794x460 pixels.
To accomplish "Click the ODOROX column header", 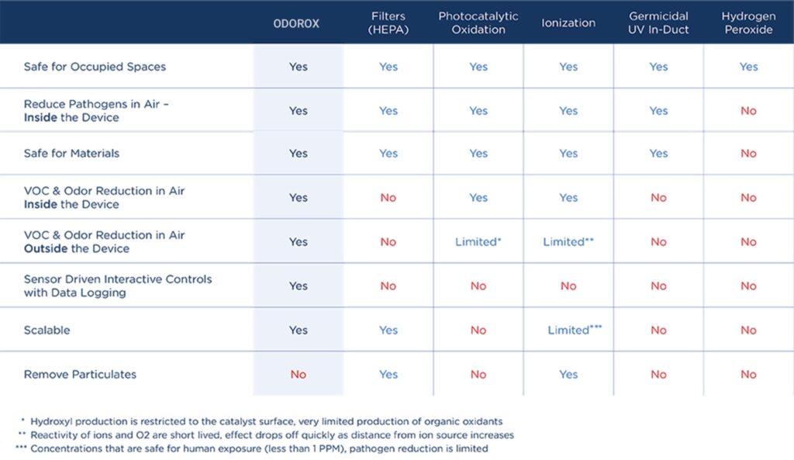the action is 296,23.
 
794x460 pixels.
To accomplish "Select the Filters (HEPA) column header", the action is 388,22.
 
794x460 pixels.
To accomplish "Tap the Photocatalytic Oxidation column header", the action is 478,22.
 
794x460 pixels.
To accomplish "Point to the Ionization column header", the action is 568,22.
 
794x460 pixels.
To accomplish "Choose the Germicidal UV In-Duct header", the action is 658,22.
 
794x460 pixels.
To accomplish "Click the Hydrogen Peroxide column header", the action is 748,22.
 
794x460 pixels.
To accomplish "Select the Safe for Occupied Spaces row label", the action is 95,67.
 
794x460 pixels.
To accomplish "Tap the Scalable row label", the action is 47,330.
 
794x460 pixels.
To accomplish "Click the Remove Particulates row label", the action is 80,375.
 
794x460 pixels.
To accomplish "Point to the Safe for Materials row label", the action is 71,153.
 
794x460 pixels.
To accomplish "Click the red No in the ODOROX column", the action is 299,375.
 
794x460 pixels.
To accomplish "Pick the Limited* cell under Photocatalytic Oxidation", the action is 478,242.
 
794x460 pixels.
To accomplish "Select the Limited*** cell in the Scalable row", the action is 575,330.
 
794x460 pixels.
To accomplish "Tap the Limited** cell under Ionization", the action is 568,242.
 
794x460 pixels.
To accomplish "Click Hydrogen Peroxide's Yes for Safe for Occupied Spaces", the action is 748,67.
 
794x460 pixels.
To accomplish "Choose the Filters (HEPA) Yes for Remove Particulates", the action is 388,375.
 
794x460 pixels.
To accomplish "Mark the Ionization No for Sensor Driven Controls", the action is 568,285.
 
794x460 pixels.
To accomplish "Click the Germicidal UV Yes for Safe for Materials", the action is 658,153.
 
